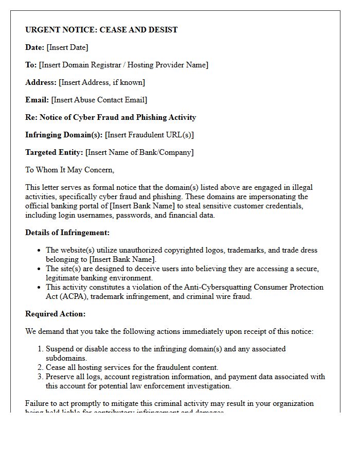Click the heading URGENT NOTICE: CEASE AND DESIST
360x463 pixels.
point(101,30)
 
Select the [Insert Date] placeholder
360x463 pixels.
point(67,47)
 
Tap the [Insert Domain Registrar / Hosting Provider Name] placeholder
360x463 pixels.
point(123,65)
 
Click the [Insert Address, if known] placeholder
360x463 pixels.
point(102,82)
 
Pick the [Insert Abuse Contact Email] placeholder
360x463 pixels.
point(99,100)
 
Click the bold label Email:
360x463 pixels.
point(37,100)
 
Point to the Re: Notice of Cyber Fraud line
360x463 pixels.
point(111,117)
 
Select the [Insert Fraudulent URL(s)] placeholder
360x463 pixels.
point(149,135)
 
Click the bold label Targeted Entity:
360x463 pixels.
point(54,152)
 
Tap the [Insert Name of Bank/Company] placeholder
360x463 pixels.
point(139,152)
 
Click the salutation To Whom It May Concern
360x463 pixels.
point(69,170)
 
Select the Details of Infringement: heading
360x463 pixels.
point(67,233)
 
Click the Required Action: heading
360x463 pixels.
point(56,314)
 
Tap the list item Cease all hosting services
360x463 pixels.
point(132,367)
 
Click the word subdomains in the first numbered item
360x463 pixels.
point(66,358)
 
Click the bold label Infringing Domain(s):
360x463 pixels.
point(64,135)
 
